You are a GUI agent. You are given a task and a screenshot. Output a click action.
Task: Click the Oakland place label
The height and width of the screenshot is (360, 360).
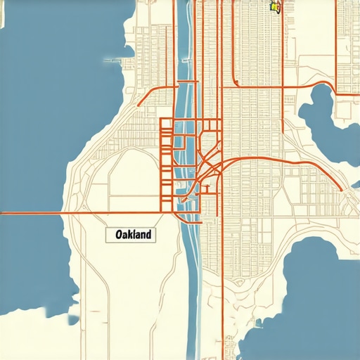(131, 235)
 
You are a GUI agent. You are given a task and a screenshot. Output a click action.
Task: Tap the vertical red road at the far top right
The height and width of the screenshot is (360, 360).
(338, 42)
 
